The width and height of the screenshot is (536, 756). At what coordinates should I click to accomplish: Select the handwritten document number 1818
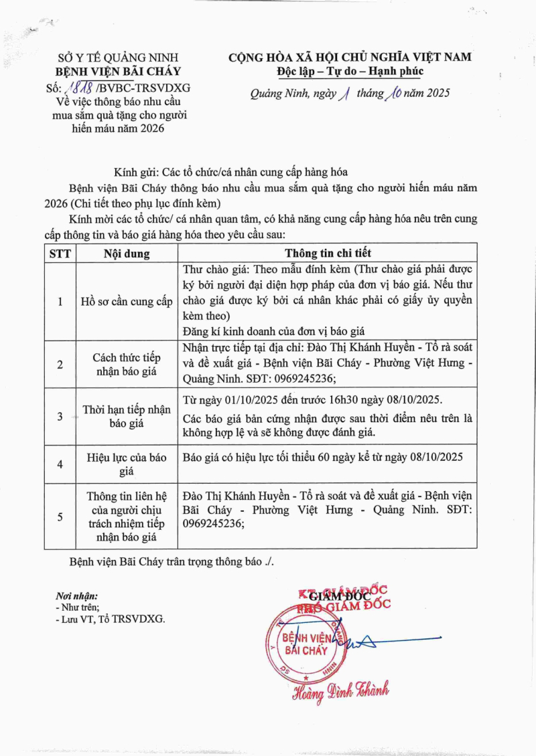point(78,87)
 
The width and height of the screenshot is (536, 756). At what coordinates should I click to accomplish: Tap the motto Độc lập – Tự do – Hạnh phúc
point(350,72)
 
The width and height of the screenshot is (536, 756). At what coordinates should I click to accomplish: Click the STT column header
point(60,254)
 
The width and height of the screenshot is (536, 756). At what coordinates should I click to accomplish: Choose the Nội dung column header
point(127,254)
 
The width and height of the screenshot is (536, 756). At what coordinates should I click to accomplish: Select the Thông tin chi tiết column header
point(328,254)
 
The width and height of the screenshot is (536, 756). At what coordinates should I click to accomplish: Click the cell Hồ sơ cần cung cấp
point(127,302)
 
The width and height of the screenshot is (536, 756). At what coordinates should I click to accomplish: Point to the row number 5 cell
point(60,516)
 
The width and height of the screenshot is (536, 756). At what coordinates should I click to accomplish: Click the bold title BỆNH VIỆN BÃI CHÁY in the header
point(118,72)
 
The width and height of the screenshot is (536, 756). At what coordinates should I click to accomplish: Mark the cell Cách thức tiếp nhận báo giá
point(127,365)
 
